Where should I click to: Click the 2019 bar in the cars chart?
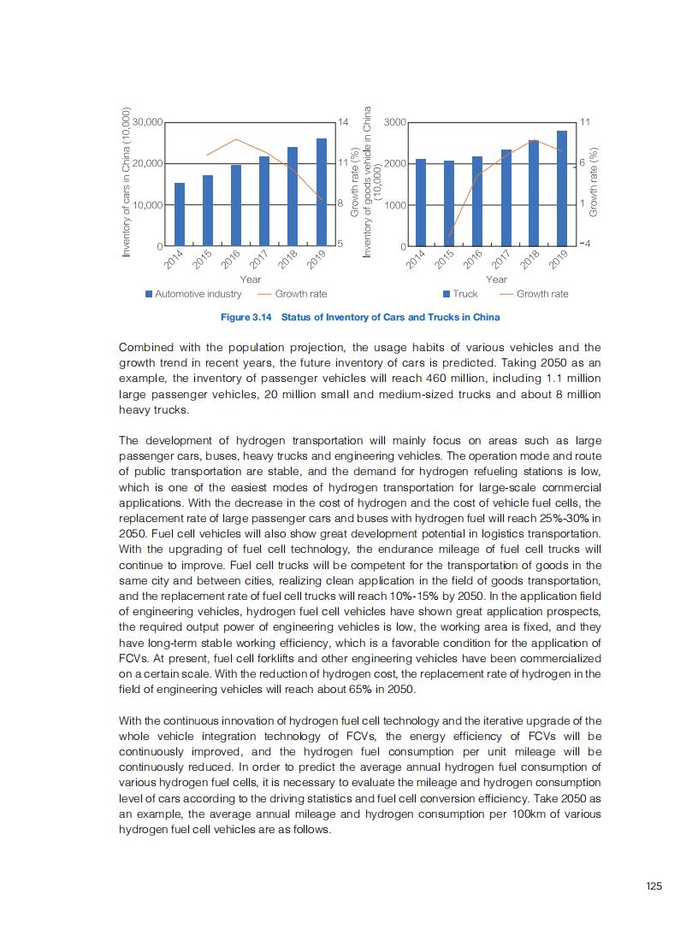click(x=322, y=192)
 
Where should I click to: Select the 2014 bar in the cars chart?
click(x=180, y=214)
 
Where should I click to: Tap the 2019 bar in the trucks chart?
click(x=562, y=189)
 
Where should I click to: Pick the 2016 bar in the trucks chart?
click(x=477, y=202)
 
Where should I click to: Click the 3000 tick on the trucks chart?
click(x=394, y=122)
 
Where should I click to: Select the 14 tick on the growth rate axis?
click(x=344, y=122)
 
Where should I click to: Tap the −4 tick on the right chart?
click(x=585, y=245)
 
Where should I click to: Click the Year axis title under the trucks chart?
click(x=496, y=279)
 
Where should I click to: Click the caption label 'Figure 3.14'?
click(x=245, y=317)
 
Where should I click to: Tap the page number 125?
click(x=654, y=886)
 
